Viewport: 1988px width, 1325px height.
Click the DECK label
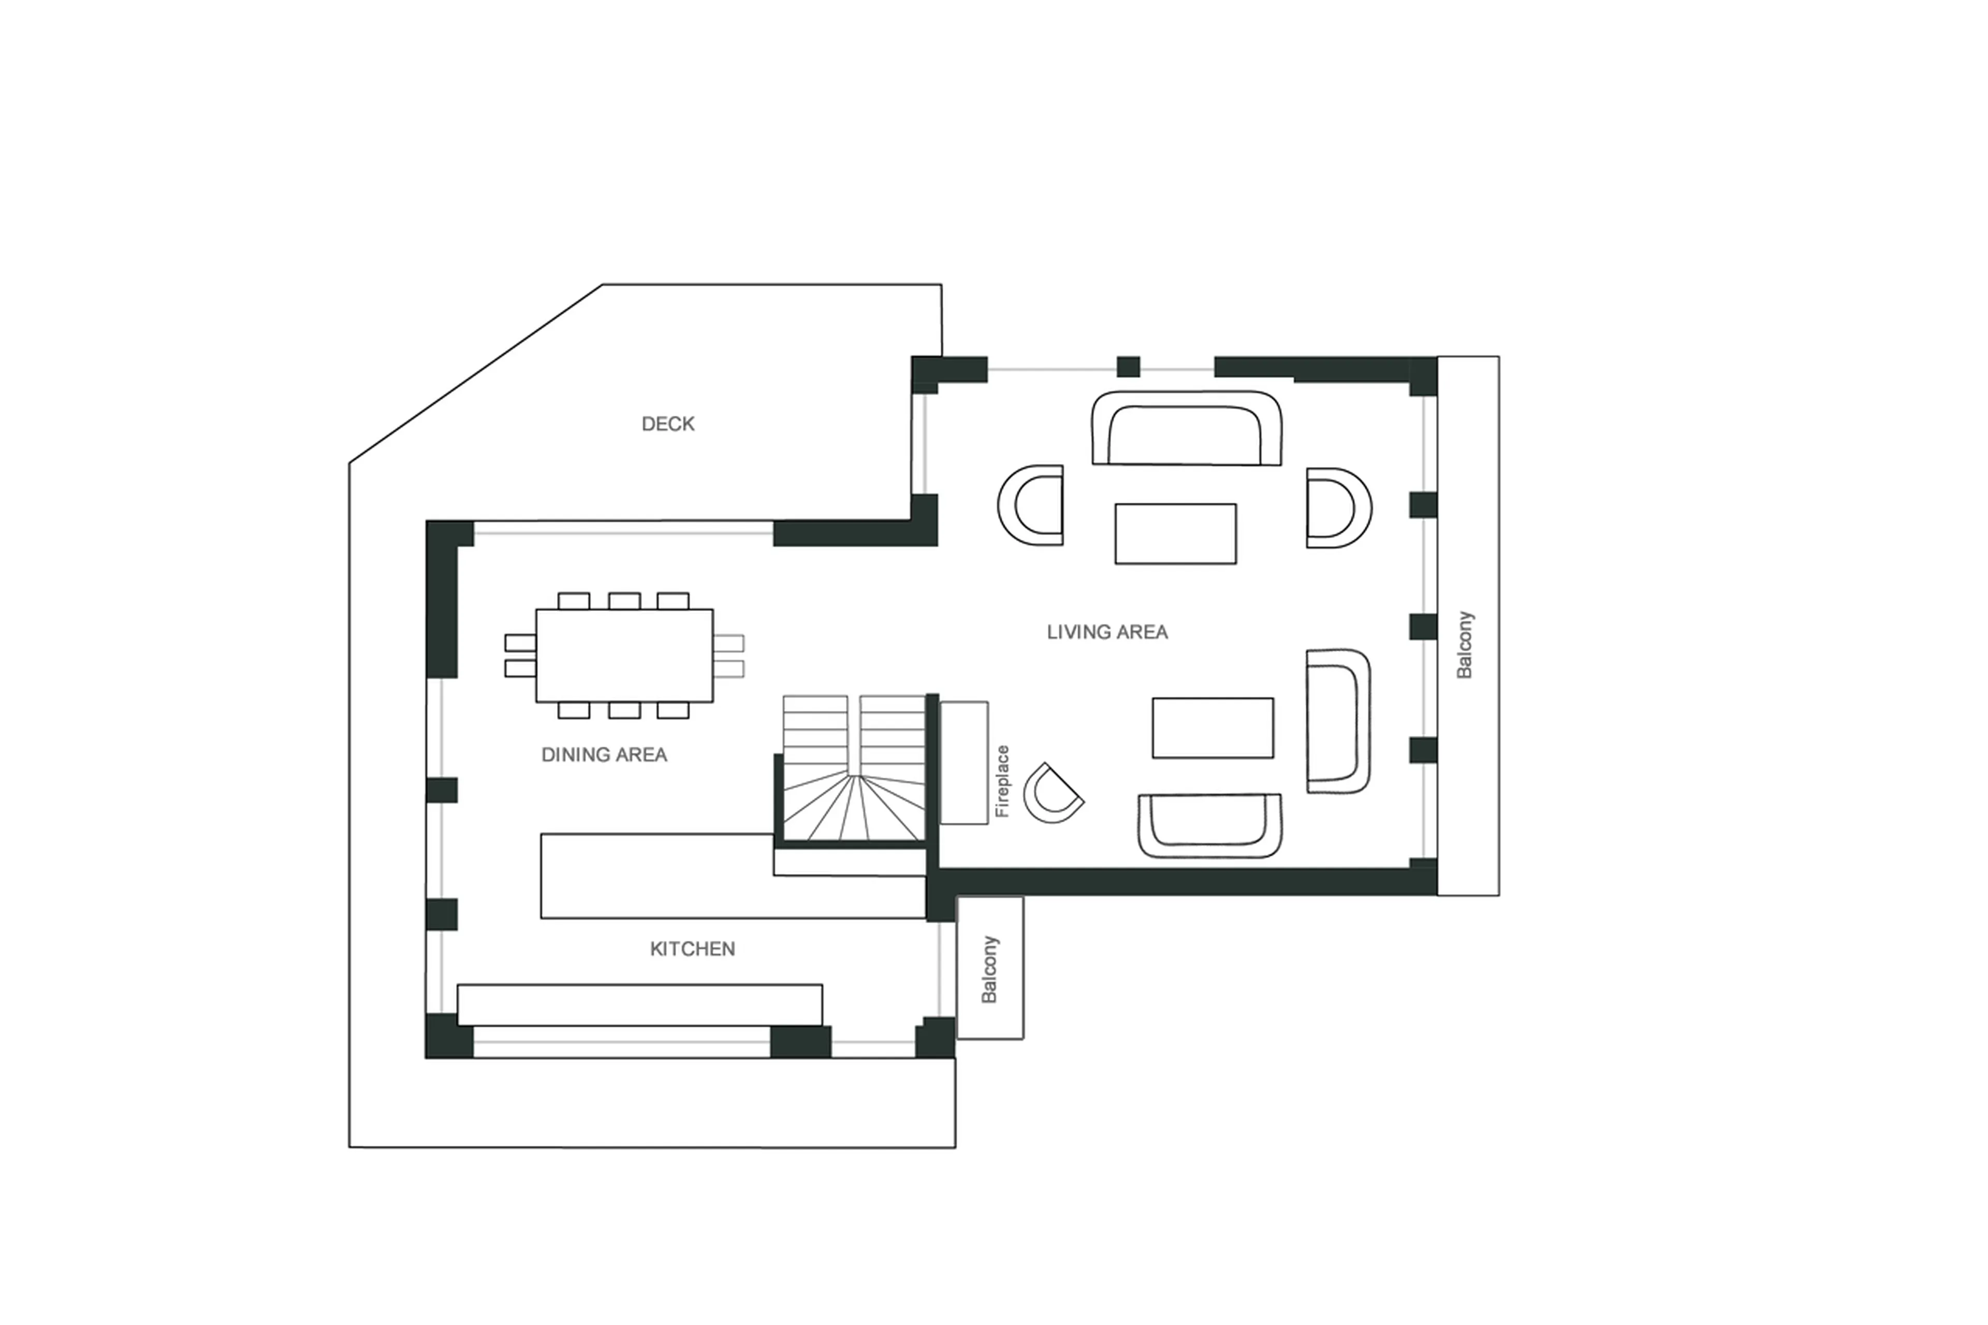coord(667,424)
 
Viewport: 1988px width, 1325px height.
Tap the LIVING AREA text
coord(1107,632)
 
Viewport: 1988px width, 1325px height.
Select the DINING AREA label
coord(604,754)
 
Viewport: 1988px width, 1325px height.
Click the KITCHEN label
coord(692,949)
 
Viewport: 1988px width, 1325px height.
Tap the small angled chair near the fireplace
coord(1051,794)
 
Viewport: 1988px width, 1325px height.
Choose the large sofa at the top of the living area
coord(1186,428)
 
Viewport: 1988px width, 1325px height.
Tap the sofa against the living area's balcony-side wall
coord(1337,721)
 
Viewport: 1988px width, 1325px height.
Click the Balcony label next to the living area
coord(1464,645)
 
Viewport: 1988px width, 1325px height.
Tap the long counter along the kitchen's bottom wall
coord(639,1004)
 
